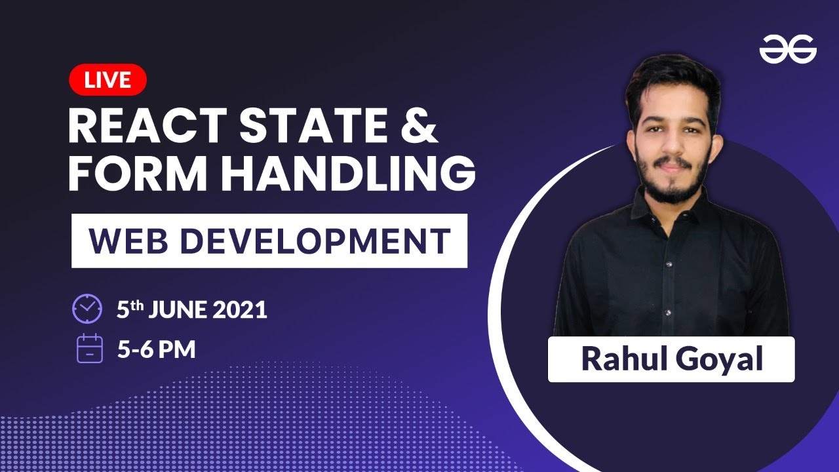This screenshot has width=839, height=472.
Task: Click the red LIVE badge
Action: pyautogui.click(x=107, y=80)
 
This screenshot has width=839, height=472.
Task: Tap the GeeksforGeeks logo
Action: pyautogui.click(x=788, y=49)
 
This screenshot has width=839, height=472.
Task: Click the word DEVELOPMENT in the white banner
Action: pyautogui.click(x=315, y=241)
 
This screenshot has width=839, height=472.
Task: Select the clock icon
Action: pyautogui.click(x=87, y=309)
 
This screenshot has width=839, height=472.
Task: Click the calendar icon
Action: pyautogui.click(x=90, y=348)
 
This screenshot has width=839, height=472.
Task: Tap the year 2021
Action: pyautogui.click(x=241, y=309)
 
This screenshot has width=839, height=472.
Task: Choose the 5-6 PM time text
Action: pyautogui.click(x=157, y=349)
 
